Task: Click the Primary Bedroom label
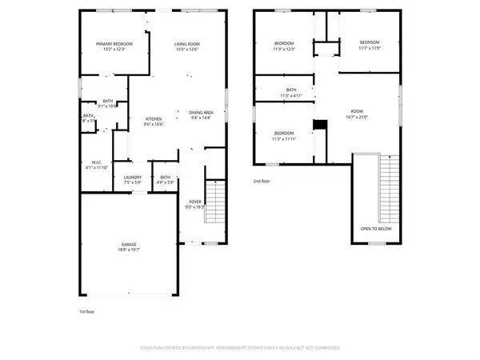(114, 43)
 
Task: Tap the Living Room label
(187, 43)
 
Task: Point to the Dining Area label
(201, 113)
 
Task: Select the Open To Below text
(375, 228)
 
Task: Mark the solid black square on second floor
(320, 124)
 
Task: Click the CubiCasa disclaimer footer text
(240, 349)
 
